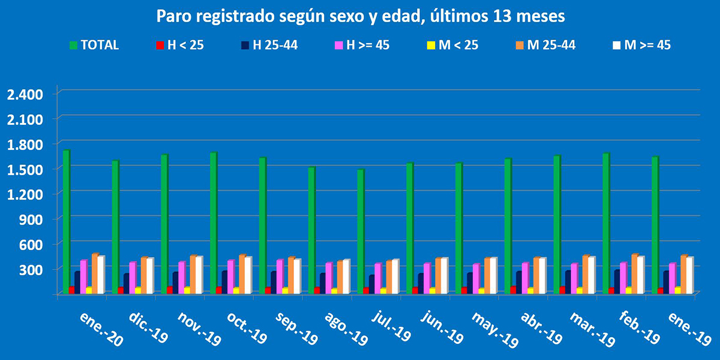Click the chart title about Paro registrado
point(360,16)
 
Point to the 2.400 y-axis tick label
point(25,94)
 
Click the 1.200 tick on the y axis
point(25,194)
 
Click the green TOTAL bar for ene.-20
point(66,222)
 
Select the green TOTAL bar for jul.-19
point(361,232)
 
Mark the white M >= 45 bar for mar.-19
point(591,275)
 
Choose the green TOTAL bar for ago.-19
point(311,230)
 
